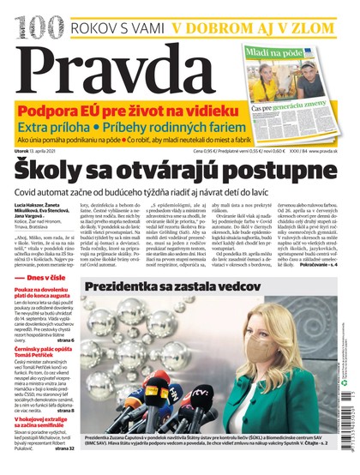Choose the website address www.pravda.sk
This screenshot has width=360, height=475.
(329, 152)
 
